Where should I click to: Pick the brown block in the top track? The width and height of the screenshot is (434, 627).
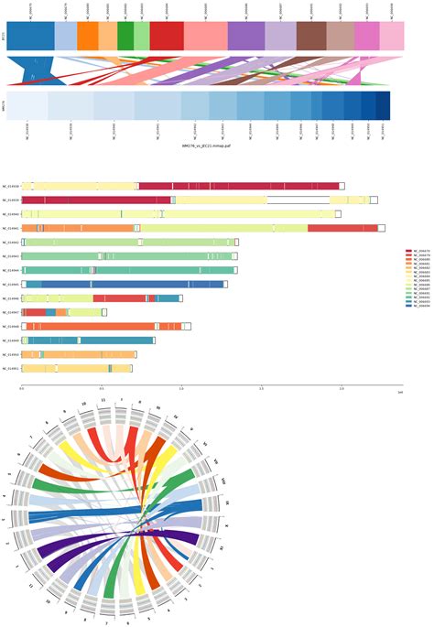pyautogui.click(x=310, y=36)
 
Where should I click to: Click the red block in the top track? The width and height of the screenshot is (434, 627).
pyautogui.click(x=166, y=36)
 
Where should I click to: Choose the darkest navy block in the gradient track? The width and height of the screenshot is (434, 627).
pyautogui.click(x=382, y=106)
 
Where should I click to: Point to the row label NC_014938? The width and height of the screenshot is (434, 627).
pyautogui.click(x=11, y=186)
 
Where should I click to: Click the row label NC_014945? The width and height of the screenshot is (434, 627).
pyautogui.click(x=11, y=285)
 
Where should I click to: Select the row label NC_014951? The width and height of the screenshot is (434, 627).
pyautogui.click(x=11, y=369)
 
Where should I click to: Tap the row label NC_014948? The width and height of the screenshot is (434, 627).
pyautogui.click(x=11, y=327)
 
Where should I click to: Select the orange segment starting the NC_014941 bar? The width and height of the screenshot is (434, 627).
pyautogui.click(x=78, y=228)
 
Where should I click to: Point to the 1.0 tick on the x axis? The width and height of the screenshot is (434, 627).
pyautogui.click(x=181, y=389)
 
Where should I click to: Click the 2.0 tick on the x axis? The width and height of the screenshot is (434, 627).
pyautogui.click(x=342, y=389)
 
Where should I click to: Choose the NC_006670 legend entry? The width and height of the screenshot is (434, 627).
pyautogui.click(x=418, y=250)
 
